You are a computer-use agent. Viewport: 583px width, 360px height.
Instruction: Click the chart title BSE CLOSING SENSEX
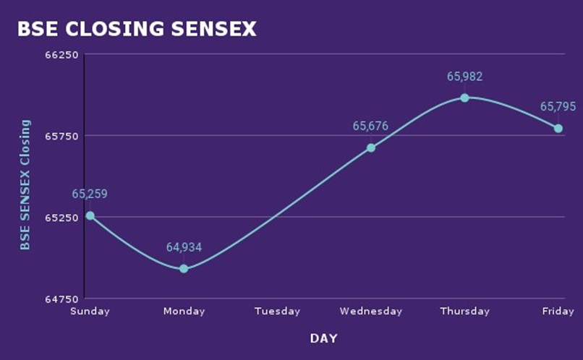click(x=137, y=29)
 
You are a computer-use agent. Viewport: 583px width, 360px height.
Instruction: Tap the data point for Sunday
click(x=90, y=215)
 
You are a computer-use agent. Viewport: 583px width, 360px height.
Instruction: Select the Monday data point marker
click(x=184, y=268)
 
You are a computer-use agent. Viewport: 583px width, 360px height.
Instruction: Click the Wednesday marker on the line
click(x=371, y=147)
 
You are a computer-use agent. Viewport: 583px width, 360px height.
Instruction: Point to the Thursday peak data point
click(x=464, y=98)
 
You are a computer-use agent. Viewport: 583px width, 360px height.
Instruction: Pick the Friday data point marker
click(x=558, y=129)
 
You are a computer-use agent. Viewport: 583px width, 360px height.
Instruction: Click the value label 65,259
click(x=90, y=194)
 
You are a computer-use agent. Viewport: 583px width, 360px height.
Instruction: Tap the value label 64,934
click(x=184, y=247)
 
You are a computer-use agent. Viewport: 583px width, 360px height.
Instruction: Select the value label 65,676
click(x=370, y=126)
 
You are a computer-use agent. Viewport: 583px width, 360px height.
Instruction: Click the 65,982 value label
click(x=464, y=76)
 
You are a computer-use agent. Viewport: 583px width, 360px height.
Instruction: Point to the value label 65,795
click(x=558, y=107)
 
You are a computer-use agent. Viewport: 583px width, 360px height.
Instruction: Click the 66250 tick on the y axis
click(x=61, y=54)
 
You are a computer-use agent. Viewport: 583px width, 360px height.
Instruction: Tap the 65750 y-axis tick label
click(x=61, y=136)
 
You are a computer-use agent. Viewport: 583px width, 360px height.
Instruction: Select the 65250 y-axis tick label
click(x=61, y=218)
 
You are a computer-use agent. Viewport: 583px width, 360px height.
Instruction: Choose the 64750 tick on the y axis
click(x=61, y=299)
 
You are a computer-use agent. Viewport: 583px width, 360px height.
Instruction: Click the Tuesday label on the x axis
click(x=277, y=312)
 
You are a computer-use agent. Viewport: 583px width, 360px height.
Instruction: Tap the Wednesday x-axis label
click(x=371, y=312)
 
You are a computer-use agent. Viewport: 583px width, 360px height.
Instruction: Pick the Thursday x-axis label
click(x=464, y=312)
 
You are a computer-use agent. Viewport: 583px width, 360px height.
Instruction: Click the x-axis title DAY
click(x=323, y=338)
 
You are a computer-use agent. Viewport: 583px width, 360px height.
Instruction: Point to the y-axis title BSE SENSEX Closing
click(x=25, y=185)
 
